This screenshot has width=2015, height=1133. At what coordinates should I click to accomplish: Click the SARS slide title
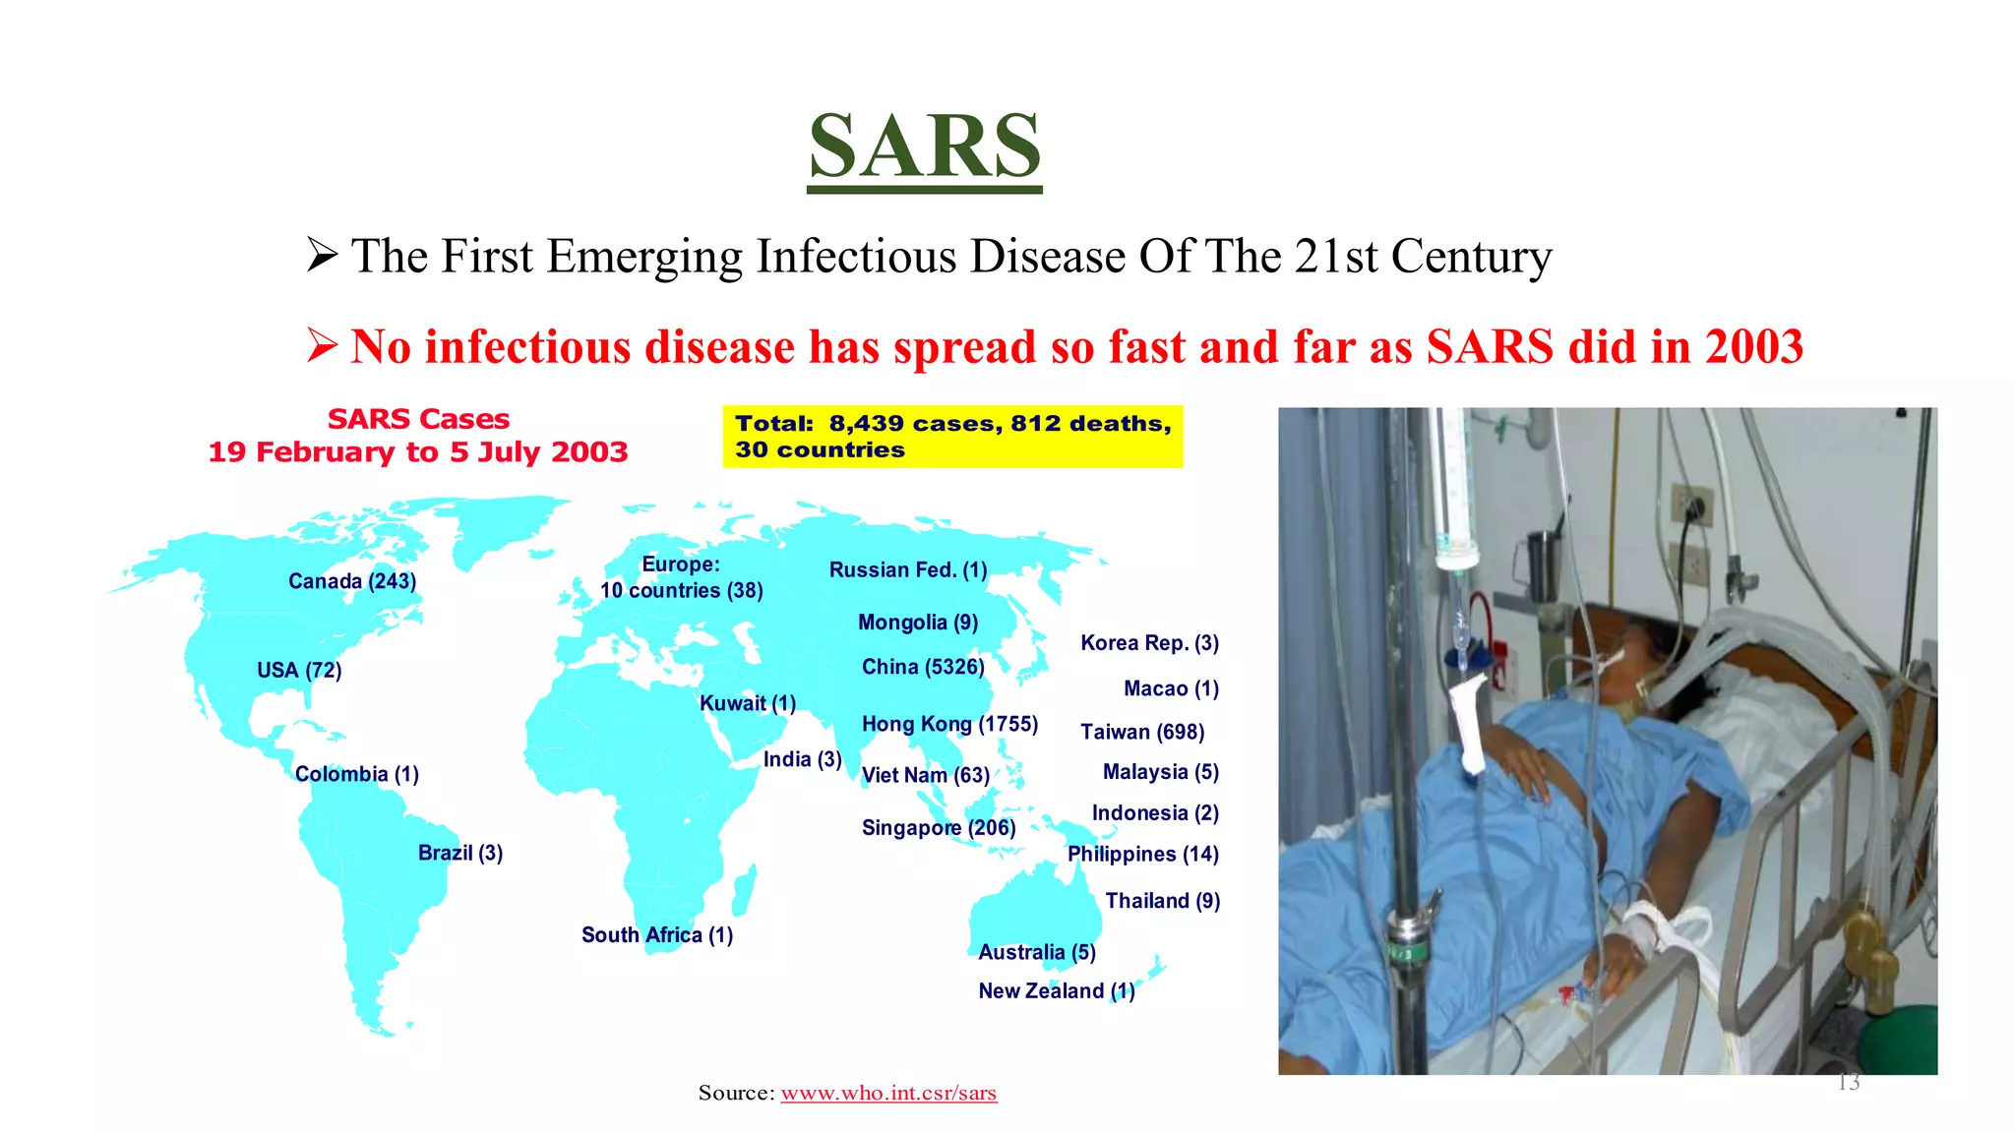[924, 147]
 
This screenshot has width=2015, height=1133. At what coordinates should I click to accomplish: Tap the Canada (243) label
[352, 581]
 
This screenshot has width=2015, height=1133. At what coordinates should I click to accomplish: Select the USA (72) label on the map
[299, 671]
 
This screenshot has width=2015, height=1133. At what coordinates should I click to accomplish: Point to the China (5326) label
[923, 667]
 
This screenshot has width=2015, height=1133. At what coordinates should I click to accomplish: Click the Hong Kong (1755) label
[949, 725]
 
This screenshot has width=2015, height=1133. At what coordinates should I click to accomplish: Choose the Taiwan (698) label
[1142, 732]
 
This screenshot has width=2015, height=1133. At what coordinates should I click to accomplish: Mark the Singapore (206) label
[939, 828]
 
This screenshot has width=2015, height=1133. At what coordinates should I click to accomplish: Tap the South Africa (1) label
[657, 935]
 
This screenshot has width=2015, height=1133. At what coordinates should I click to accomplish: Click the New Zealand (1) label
[1056, 991]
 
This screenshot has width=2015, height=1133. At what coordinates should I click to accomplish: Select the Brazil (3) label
[460, 853]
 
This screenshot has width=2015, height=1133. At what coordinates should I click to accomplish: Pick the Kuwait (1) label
[748, 703]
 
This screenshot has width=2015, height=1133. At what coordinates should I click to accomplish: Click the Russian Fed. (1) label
[908, 570]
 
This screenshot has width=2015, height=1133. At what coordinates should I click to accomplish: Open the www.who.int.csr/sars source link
[888, 1093]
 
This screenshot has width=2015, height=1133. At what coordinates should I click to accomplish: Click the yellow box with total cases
[952, 437]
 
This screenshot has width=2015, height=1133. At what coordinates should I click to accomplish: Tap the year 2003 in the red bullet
[1753, 347]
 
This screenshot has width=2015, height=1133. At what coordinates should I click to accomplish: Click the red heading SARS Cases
[418, 419]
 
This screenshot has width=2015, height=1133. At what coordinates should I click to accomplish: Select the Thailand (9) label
[1162, 901]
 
